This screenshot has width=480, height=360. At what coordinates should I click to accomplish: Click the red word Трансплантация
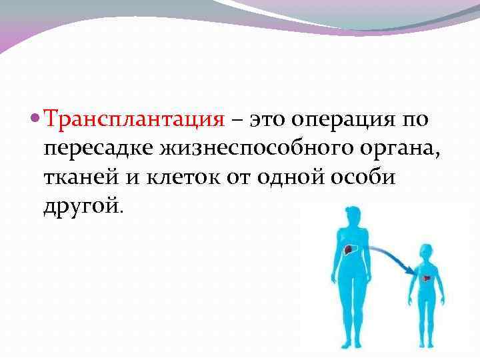tap(133, 119)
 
